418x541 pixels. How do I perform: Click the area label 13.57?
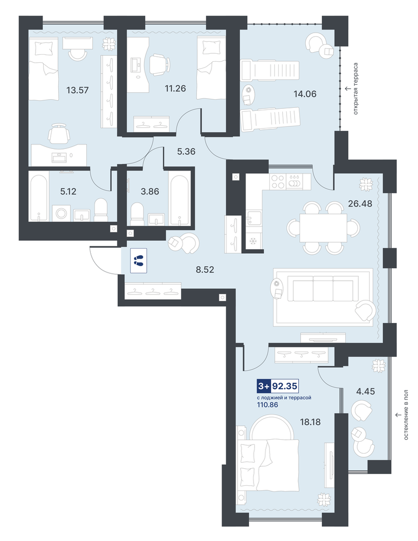pyautogui.click(x=78, y=90)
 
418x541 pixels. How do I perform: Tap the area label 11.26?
pyautogui.click(x=175, y=89)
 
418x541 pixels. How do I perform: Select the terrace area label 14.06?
pyautogui.click(x=305, y=94)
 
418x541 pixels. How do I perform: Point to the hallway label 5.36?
pyautogui.click(x=186, y=151)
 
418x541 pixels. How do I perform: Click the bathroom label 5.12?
pyautogui.click(x=68, y=192)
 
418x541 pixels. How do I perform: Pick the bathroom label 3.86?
pyautogui.click(x=150, y=191)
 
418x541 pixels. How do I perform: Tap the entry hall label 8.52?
pyautogui.click(x=205, y=269)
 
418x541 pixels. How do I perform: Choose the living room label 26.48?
pyautogui.click(x=360, y=204)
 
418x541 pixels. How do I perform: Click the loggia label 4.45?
pyautogui.click(x=365, y=392)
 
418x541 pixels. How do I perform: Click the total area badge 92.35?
pyautogui.click(x=285, y=386)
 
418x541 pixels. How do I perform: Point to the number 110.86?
pyautogui.click(x=268, y=404)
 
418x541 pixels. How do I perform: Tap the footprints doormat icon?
pyautogui.click(x=139, y=261)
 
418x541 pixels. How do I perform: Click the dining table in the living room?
pyautogui.click(x=323, y=228)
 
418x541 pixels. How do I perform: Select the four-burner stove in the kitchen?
pyautogui.click(x=278, y=181)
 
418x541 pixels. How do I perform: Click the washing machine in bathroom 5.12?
pyautogui.click(x=62, y=213)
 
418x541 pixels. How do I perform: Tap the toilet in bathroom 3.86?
pyautogui.click(x=138, y=214)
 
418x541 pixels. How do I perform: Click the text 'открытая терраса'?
pyautogui.click(x=355, y=88)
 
